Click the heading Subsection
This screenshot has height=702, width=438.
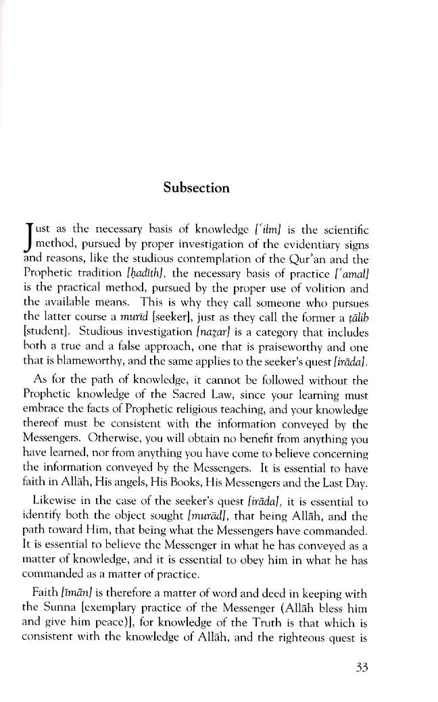coord(196,188)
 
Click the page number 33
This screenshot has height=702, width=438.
coord(360,668)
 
